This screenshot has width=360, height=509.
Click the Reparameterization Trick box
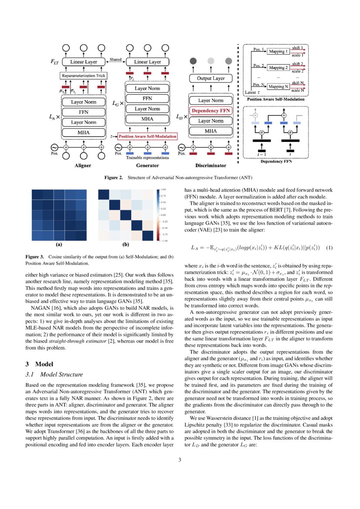(x=84, y=76)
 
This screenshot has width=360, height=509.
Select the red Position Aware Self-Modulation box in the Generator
(x=148, y=136)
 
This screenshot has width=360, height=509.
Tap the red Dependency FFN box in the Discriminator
(x=211, y=111)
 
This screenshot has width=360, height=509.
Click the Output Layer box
(x=211, y=79)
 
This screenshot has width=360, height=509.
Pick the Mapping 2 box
(x=278, y=68)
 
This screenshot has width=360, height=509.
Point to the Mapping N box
(x=278, y=86)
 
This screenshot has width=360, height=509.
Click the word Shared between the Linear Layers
(x=115, y=60)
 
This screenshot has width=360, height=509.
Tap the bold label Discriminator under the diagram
(x=211, y=166)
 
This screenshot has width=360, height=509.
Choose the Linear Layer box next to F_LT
(x=84, y=62)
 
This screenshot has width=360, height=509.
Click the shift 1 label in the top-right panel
(x=298, y=47)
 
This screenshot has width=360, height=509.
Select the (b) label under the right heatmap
(x=126, y=245)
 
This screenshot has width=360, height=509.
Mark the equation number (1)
(x=329, y=248)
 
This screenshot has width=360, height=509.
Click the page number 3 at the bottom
(x=179, y=459)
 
